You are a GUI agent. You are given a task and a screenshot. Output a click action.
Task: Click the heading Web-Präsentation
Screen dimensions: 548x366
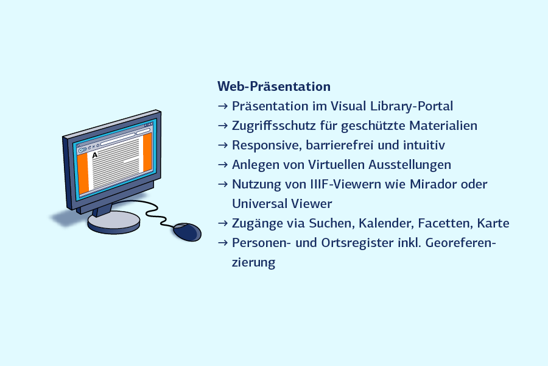pos(274,87)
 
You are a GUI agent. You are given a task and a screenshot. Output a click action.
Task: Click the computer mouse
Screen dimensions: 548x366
pos(188,232)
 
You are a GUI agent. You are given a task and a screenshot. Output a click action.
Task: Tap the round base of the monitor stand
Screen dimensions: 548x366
pos(114,223)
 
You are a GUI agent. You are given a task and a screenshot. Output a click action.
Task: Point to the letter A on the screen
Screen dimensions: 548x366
pos(95,155)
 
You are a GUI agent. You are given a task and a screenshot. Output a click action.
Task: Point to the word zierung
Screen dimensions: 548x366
pos(254,263)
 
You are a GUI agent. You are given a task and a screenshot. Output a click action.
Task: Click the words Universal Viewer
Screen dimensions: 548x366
pos(282,204)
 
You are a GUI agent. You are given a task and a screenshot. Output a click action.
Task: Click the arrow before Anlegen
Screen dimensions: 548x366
pos(223,165)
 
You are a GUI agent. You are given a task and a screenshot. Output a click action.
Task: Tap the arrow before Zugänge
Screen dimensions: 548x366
pos(223,223)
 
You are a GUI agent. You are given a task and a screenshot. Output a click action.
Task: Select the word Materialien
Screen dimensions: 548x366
pos(443,126)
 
